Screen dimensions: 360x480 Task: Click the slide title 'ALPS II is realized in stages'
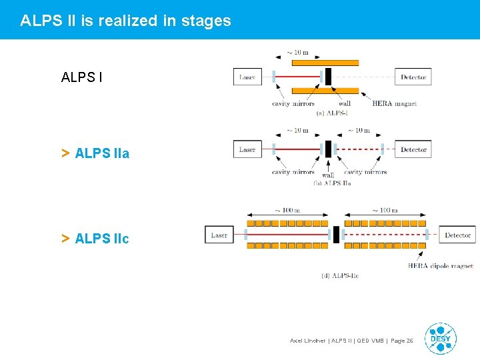pos(125,21)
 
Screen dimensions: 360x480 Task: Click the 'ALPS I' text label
pos(81,77)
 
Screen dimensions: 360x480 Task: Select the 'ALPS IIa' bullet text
pos(102,153)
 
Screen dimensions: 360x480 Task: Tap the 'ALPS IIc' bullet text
pos(102,238)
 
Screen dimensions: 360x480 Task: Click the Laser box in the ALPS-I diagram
pos(247,77)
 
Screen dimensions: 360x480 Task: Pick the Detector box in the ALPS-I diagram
pos(413,77)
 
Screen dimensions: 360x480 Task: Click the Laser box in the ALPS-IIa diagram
pos(247,149)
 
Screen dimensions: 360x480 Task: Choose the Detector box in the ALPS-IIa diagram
pos(413,149)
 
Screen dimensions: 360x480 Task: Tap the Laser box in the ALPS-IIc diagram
pos(219,235)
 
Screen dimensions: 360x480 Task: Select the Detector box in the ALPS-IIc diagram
pos(457,235)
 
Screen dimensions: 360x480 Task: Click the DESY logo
pos(440,338)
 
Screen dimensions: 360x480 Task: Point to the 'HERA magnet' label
pos(394,103)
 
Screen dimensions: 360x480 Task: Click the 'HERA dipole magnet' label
pos(440,266)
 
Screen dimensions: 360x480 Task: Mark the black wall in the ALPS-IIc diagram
pos(336,235)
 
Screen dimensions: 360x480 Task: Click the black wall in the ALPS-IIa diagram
pos(327,149)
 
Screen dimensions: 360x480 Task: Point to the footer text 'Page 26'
pos(401,341)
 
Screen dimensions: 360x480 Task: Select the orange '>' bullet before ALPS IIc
pos(65,238)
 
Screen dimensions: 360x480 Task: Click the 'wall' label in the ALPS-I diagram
pos(344,103)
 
